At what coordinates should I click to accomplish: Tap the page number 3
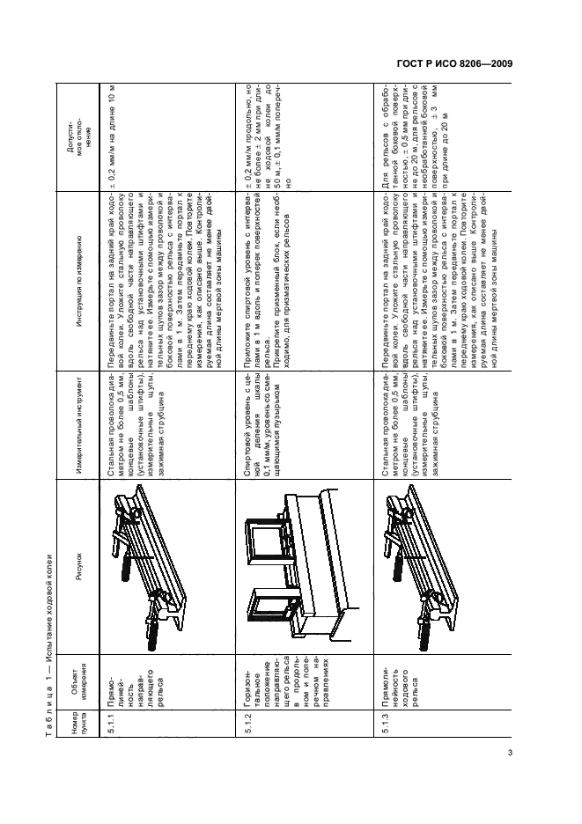[x=511, y=754]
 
